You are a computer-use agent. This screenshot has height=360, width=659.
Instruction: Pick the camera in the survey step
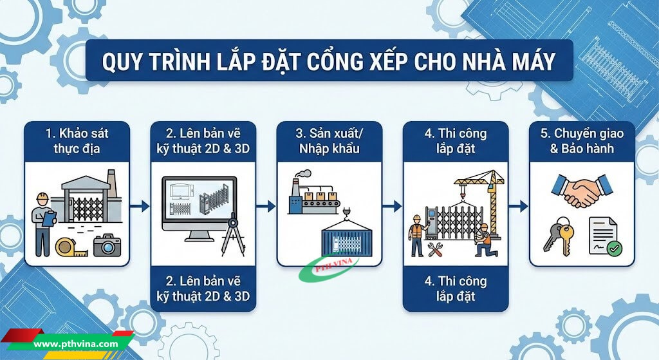(107, 245)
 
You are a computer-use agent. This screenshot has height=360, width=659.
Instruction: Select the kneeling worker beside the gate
(483, 242)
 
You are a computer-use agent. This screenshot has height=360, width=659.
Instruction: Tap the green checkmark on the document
(615, 248)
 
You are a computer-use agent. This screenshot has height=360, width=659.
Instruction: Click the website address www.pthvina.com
(76, 345)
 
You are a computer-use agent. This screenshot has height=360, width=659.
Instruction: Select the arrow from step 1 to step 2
(140, 206)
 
